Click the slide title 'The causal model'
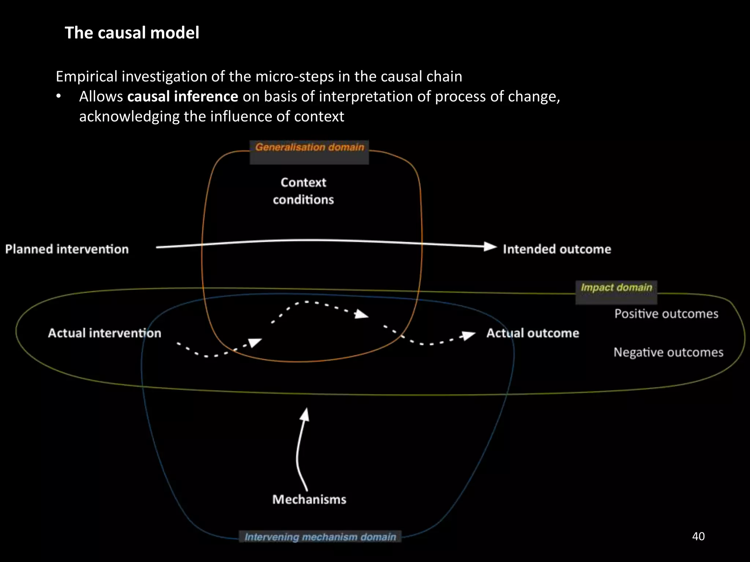(132, 33)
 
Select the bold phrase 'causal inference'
(182, 97)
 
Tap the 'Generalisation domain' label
(309, 147)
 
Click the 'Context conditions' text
(303, 191)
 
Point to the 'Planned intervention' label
(67, 249)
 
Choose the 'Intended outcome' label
(557, 249)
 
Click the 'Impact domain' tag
(616, 288)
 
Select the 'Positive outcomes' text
(666, 314)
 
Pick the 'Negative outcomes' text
(668, 352)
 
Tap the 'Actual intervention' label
(104, 333)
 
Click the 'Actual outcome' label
(532, 333)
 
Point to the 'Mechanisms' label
(309, 499)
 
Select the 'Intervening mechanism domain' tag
(320, 537)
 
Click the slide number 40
(698, 536)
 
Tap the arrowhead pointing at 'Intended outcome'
(490, 247)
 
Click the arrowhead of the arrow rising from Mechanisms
(305, 415)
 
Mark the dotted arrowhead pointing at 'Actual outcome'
(468, 335)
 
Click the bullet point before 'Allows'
(59, 97)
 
